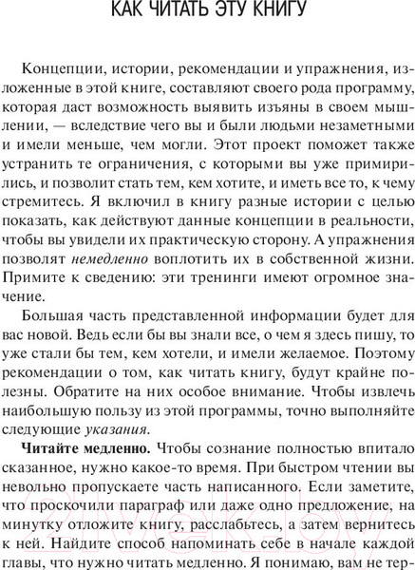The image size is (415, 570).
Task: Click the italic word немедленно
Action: click(115, 281)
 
